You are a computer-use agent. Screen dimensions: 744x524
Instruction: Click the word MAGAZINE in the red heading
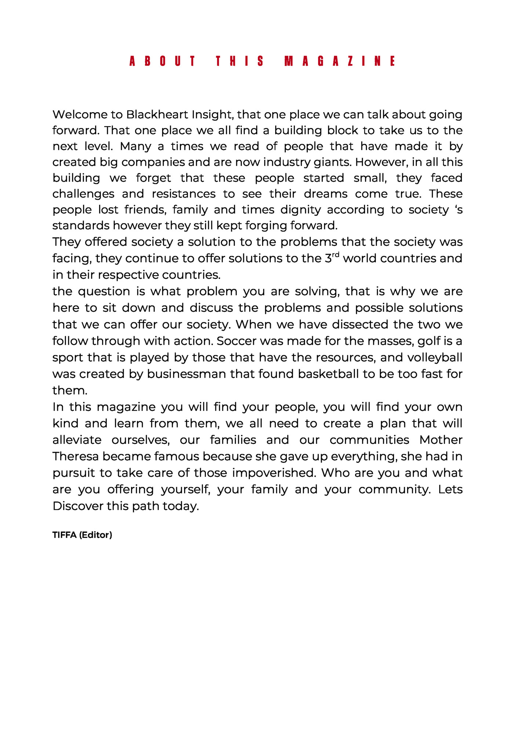click(x=340, y=61)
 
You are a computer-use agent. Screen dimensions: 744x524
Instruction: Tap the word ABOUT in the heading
click(x=163, y=61)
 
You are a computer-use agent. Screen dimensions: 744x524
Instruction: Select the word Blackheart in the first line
click(x=157, y=115)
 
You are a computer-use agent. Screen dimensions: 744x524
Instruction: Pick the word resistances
click(x=183, y=194)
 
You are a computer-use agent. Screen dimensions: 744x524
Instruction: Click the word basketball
click(x=328, y=374)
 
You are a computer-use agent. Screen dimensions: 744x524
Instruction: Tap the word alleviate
click(x=77, y=440)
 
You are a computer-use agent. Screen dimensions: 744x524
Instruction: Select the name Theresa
click(x=76, y=457)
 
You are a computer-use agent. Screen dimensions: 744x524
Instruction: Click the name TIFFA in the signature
click(x=65, y=535)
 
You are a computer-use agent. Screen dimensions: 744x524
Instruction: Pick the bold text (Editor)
click(x=95, y=535)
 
